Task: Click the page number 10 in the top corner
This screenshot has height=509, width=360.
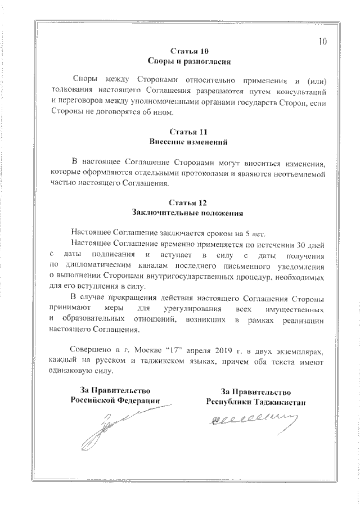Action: pyautogui.click(x=323, y=41)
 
